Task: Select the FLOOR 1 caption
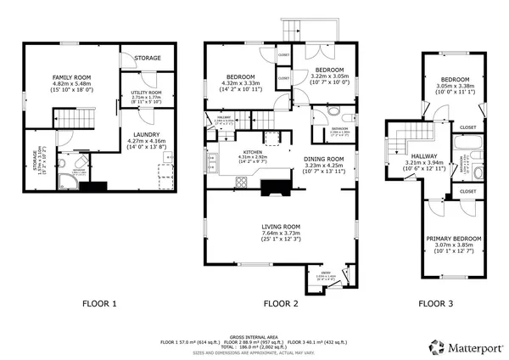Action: click(x=99, y=303)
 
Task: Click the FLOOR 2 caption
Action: click(x=281, y=303)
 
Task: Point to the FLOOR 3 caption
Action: click(x=437, y=303)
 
